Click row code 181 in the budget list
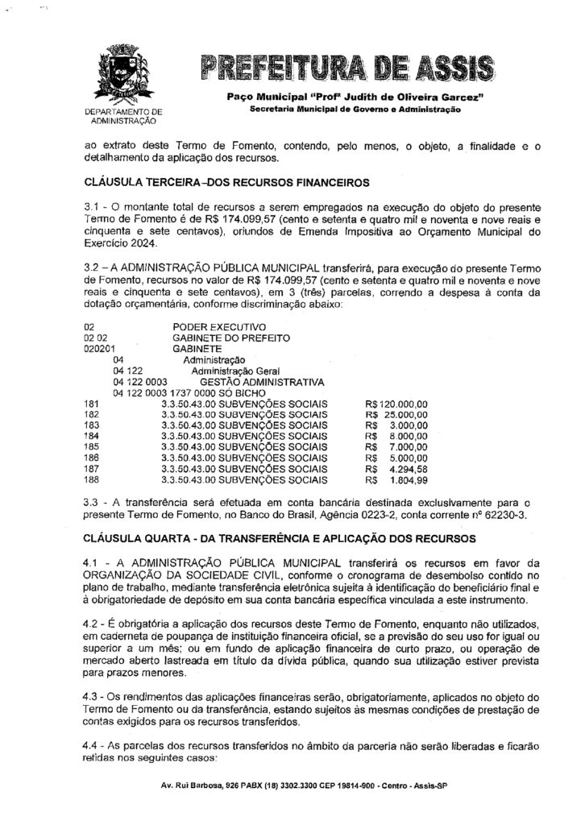pos(90,403)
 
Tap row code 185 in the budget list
pos(90,445)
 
